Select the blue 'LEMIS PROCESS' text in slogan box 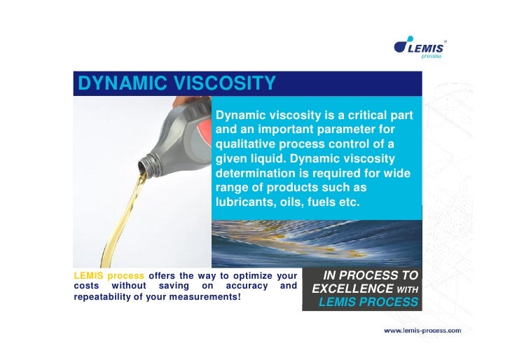[368, 303]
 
